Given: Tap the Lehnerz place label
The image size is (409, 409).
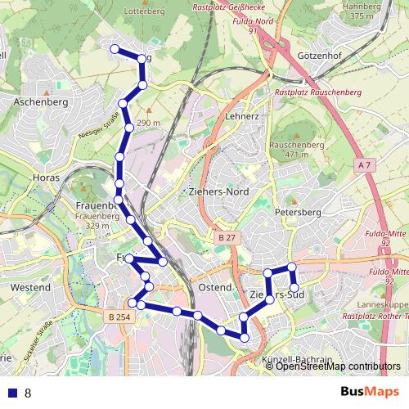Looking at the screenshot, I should [x=241, y=117].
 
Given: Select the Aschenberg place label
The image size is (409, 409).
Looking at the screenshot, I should [x=40, y=103].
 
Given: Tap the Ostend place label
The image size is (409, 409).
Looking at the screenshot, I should [x=215, y=288].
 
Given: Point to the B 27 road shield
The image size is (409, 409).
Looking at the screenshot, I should [x=227, y=237].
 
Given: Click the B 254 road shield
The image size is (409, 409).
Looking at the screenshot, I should [x=118, y=317].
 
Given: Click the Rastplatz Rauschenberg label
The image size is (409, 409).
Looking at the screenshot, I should [x=318, y=93].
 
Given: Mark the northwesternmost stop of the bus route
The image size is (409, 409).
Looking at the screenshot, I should [x=114, y=49].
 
